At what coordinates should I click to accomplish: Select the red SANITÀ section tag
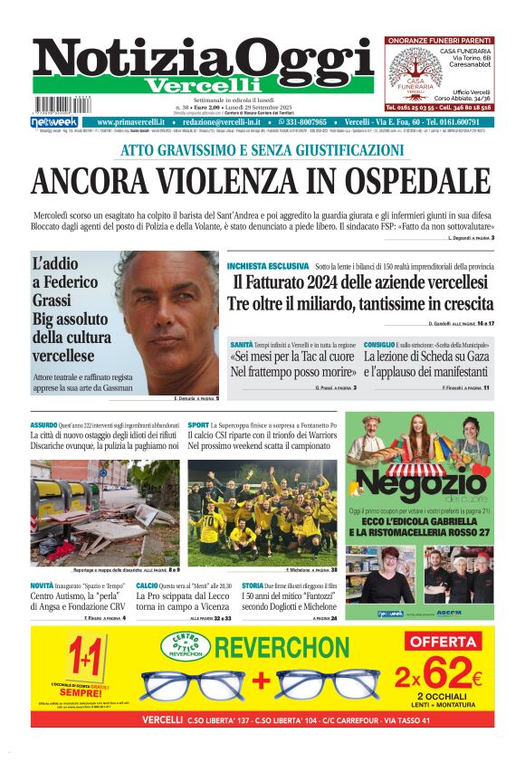pos(241,346)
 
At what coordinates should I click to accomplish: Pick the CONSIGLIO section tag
pos(379,346)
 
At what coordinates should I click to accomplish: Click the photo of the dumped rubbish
pos(105,511)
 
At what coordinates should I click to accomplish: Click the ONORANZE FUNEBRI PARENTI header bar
pos(439,41)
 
